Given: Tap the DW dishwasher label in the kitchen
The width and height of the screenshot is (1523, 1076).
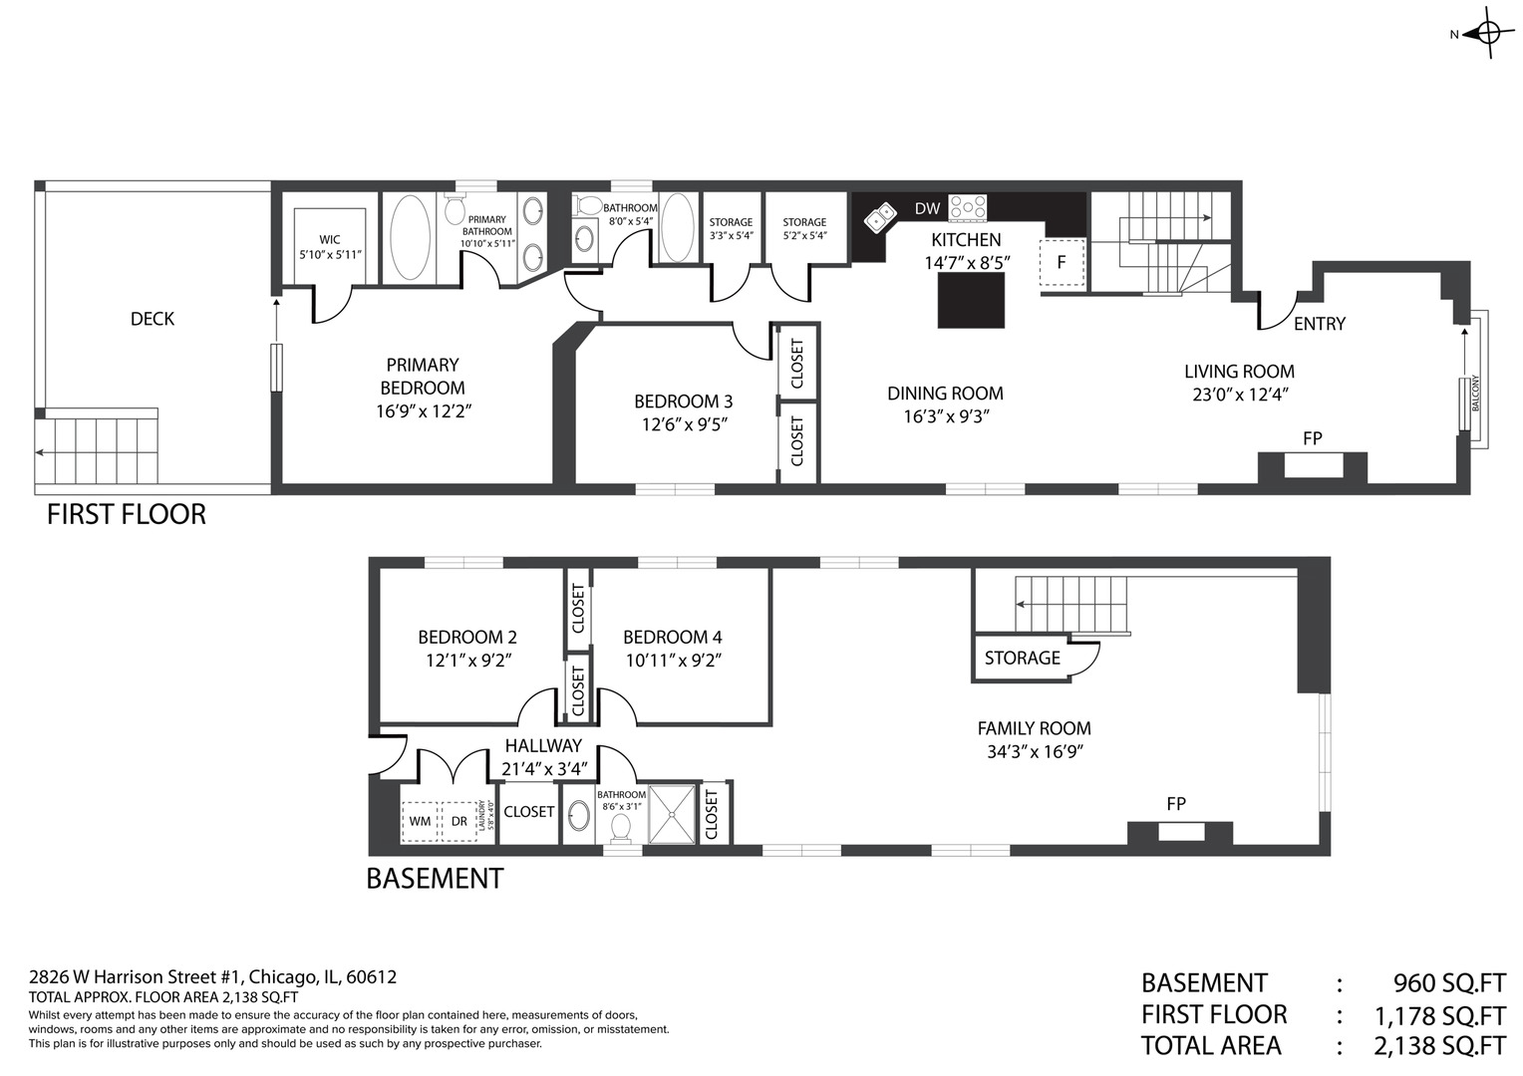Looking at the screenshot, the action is coord(927,208).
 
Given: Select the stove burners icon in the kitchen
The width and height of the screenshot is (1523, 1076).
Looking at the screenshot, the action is coord(968,207).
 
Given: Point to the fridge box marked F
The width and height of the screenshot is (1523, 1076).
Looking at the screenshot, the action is coord(1062,262).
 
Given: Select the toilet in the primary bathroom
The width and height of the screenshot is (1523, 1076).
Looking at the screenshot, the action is coord(455,209).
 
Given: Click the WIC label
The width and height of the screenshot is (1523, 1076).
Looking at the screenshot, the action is coord(330,239).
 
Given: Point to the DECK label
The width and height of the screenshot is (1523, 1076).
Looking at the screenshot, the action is coord(152,319).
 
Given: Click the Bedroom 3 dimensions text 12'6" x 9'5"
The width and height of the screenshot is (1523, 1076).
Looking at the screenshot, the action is coord(685,424).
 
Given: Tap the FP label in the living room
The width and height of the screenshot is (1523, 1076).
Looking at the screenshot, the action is coord(1313,438).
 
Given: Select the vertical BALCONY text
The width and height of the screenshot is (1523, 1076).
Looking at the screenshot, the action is coord(1475,393).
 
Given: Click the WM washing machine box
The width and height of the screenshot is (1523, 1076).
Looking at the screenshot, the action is coord(421,821).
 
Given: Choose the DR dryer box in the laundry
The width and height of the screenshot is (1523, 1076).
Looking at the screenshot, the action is coord(459,821).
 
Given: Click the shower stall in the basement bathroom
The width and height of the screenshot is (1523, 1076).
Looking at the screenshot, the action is coord(672,814).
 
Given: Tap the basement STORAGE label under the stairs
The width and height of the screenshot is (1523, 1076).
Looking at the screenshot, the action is coord(1022,658).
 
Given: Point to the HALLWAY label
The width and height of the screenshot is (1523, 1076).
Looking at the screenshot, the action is coord(543,745).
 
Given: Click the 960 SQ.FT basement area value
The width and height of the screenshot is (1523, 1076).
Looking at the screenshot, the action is coord(1449,982).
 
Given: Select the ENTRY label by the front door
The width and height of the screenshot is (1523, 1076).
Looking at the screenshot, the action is coord(1320,324).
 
